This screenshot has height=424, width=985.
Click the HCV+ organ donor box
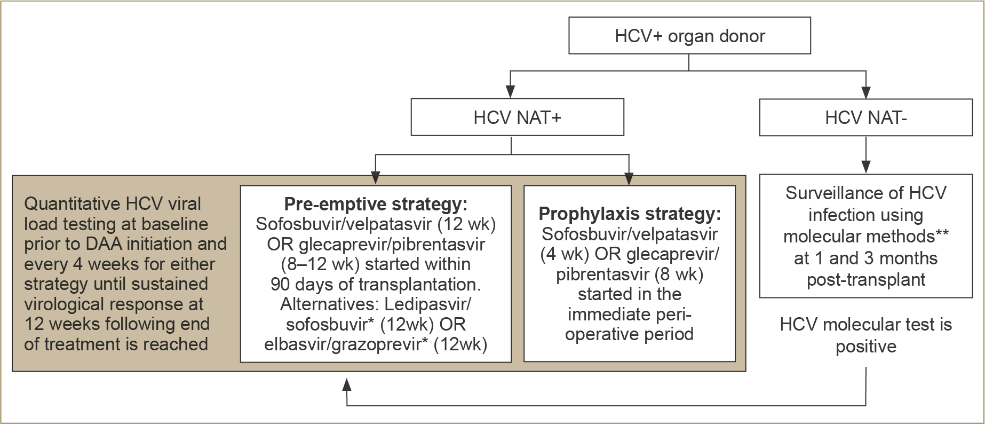[689, 35]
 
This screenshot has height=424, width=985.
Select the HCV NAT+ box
[517, 117]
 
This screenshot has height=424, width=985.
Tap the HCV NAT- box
[865, 117]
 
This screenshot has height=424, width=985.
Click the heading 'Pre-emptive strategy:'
[376, 203]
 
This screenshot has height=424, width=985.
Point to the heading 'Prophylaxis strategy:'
[630, 214]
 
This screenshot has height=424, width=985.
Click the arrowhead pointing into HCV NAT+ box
[511, 91]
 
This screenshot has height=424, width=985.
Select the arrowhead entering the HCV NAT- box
[866, 92]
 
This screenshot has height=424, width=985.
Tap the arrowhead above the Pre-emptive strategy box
[376, 178]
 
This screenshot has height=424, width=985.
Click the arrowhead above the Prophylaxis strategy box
[629, 178]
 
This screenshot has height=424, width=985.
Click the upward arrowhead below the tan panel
[347, 384]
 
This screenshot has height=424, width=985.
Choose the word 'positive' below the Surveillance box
[866, 347]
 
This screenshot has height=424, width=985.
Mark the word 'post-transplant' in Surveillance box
[866, 280]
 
